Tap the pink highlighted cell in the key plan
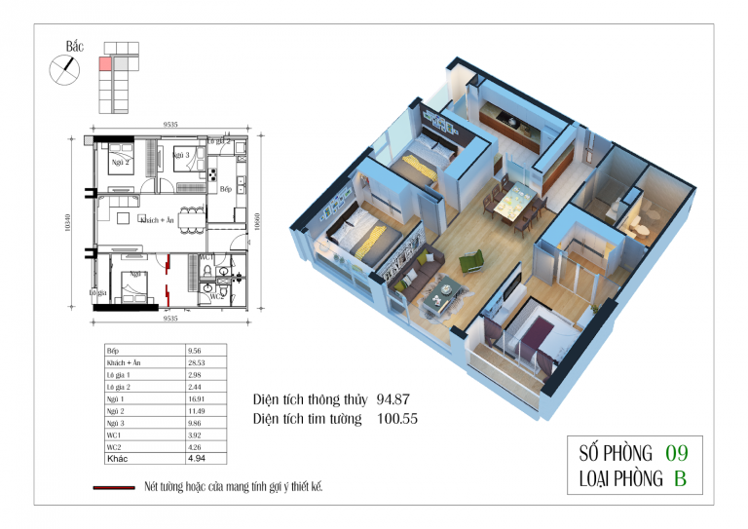[x=104, y=64]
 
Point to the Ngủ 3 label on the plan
[x=182, y=155]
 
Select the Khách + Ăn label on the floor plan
[x=157, y=221]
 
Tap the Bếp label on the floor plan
[x=225, y=188]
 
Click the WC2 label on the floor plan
[x=218, y=295]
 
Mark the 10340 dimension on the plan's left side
[x=67, y=223]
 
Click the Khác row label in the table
[x=116, y=455]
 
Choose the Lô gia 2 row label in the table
[x=118, y=386]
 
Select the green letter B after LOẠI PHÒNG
[x=680, y=478]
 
